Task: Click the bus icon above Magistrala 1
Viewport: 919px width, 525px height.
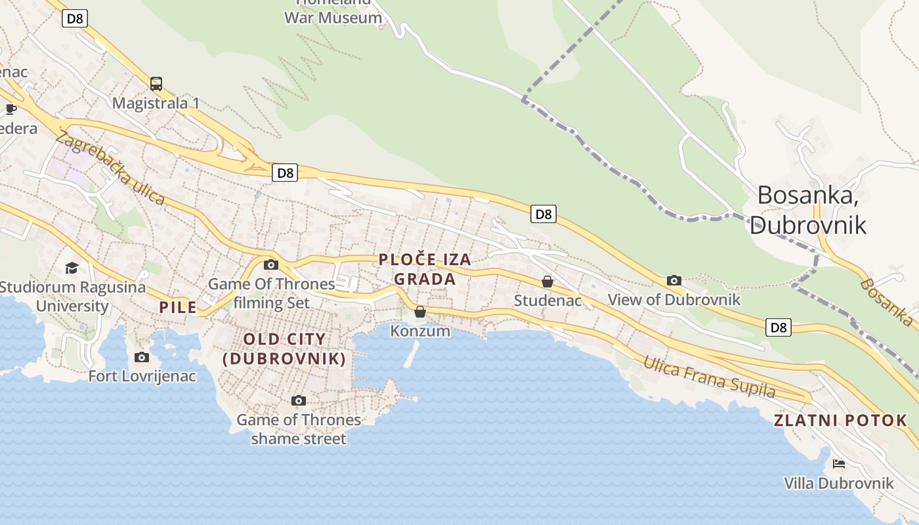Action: click(156, 84)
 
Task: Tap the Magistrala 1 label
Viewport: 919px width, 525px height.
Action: click(156, 103)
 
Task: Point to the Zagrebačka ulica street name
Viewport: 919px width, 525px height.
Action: click(110, 168)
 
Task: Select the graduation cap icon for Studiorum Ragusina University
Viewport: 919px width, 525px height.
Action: click(72, 268)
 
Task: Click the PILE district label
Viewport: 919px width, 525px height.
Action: click(178, 307)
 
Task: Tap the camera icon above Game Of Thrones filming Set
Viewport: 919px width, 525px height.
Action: click(271, 265)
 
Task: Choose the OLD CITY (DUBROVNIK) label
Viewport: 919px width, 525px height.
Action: click(284, 349)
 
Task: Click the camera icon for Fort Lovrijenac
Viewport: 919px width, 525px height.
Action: click(142, 358)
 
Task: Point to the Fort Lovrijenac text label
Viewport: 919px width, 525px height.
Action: click(142, 376)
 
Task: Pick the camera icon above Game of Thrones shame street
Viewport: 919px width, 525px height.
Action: click(299, 400)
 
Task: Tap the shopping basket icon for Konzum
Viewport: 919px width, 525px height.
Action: click(420, 312)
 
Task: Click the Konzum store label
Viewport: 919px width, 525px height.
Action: click(420, 331)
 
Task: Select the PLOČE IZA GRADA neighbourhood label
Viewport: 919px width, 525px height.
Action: click(425, 269)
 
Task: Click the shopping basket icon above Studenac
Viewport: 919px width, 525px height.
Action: click(547, 282)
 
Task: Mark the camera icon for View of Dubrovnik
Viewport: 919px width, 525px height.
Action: click(674, 281)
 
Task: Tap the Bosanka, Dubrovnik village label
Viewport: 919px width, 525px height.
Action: click(807, 210)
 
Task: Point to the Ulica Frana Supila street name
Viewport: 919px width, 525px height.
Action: click(709, 377)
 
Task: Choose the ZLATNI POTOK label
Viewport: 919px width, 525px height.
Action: click(840, 421)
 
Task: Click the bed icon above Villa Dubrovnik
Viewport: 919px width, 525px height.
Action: click(839, 464)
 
